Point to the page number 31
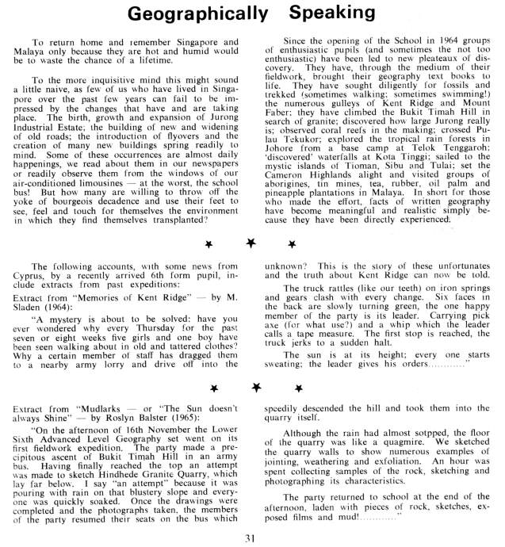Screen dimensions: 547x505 click(x=252, y=538)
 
